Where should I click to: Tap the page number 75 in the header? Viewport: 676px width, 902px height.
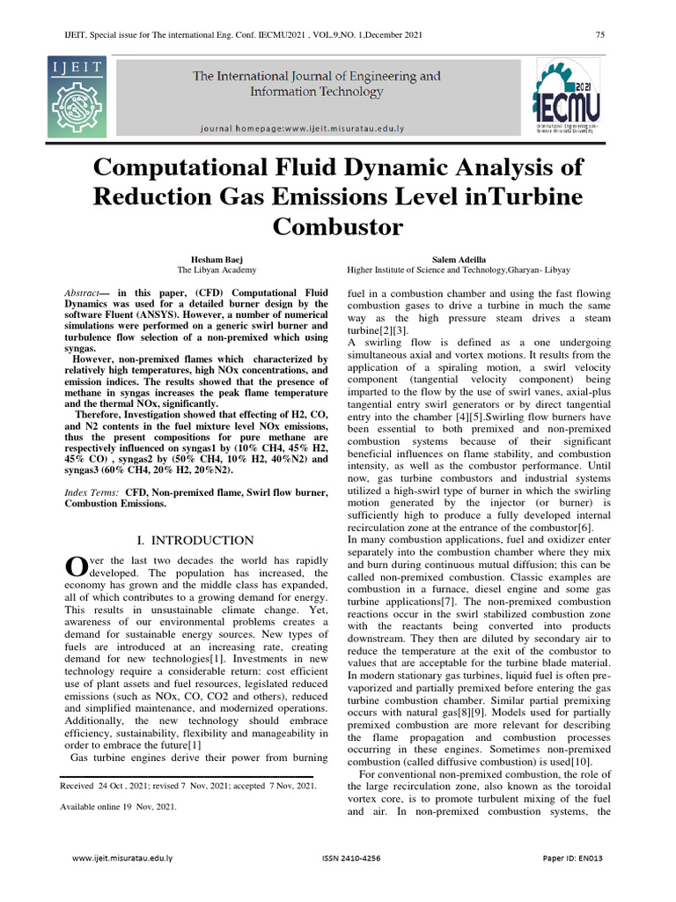(600, 34)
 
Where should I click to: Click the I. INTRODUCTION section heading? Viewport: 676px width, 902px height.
(197, 540)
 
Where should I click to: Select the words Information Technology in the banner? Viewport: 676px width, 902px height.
(317, 92)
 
